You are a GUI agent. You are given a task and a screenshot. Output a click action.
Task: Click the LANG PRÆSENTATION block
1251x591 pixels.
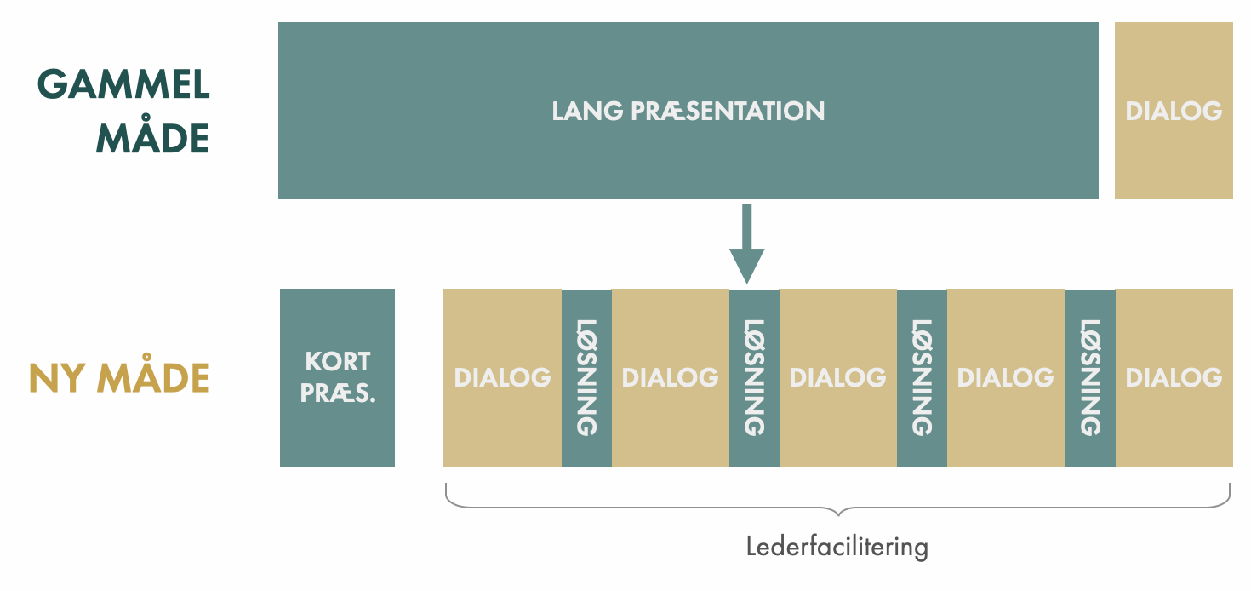coord(688,111)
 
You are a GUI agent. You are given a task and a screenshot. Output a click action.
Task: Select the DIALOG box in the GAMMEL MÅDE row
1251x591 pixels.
coord(1174,111)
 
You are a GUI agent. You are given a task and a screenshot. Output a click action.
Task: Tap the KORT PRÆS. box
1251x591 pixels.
coord(337,377)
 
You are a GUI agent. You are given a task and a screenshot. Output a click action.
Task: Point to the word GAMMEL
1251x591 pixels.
coord(123,85)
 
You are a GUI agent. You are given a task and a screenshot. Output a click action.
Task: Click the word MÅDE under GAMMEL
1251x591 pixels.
coord(152,138)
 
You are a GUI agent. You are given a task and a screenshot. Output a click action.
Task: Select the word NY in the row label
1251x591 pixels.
coord(59,378)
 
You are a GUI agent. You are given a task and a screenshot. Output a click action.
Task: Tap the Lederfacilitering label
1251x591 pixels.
coord(837,546)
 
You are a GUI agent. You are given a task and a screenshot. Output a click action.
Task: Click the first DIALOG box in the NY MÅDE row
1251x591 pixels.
coord(502,377)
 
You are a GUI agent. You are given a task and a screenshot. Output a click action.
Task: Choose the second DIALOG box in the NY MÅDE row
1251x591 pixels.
coord(670,377)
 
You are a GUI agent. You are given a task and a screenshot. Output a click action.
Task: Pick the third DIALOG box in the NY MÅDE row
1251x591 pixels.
coord(837,377)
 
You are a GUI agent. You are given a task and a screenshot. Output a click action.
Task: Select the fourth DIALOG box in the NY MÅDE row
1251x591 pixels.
coord(1005,377)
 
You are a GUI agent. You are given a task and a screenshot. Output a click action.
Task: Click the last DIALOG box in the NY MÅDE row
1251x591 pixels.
coord(1174,377)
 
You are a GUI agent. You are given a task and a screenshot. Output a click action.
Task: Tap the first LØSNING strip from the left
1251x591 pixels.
coord(586,377)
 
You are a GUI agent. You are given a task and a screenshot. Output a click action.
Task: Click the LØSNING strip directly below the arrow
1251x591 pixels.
coord(754,377)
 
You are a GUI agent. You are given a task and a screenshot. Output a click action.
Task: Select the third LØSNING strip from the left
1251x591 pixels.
coord(922,377)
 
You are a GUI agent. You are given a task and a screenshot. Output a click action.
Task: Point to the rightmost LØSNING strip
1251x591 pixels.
coord(1089,377)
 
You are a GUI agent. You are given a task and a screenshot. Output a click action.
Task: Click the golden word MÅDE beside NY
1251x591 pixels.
coord(153,378)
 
